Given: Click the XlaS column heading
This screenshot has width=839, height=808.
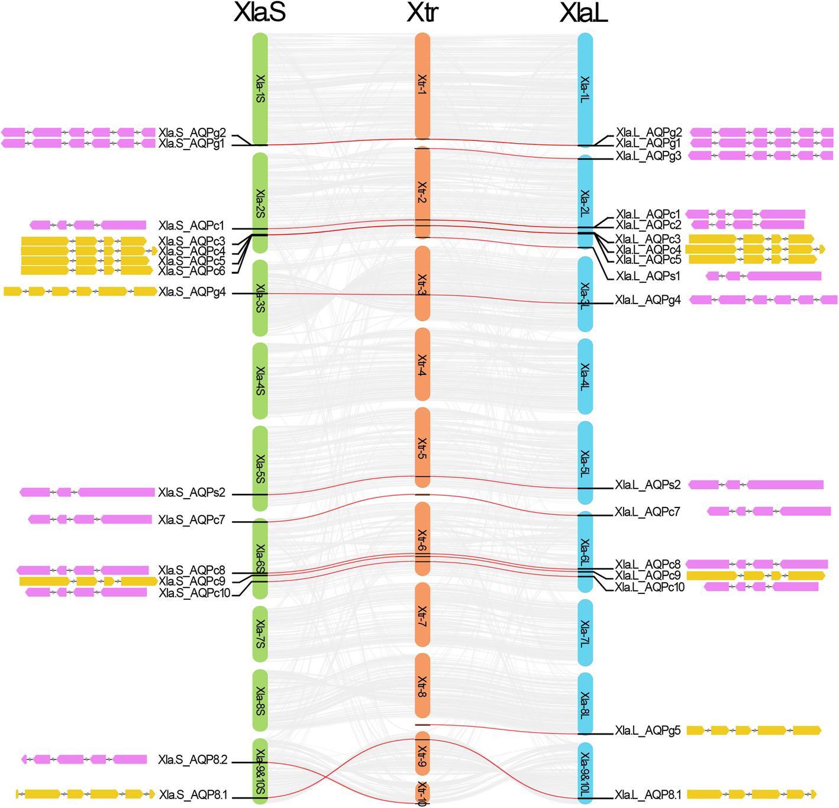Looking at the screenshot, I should tap(260, 13).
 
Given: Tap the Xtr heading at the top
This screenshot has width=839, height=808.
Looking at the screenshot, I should tap(422, 13).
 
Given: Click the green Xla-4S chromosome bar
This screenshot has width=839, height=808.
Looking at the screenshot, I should tap(260, 380).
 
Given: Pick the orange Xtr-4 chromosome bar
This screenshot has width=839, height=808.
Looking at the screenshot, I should tap(422, 365).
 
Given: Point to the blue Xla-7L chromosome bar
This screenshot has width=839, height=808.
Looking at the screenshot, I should tap(585, 634).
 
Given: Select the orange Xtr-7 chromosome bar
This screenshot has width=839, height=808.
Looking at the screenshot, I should tap(422, 615).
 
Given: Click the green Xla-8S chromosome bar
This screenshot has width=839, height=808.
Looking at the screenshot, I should tap(260, 700).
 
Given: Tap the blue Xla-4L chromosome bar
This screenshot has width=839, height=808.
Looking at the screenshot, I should tap(585, 377).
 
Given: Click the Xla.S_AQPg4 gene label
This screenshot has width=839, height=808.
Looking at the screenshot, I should tap(192, 292).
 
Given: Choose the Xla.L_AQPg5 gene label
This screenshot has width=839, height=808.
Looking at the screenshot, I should tap(648, 731).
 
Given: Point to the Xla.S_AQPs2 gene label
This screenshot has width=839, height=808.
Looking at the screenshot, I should tap(192, 493).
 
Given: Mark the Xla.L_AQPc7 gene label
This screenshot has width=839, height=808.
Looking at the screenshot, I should tap(647, 512).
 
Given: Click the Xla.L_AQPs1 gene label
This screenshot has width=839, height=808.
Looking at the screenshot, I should tap(648, 276).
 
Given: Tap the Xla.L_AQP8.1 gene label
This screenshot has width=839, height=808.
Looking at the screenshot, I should tap(648, 795).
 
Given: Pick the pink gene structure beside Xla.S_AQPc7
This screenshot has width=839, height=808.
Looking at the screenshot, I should tap(89, 519).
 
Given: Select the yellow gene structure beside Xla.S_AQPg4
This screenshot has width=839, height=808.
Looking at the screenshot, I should tap(80, 291).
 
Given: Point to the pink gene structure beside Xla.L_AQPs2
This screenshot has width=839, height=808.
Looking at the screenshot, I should tap(756, 485).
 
